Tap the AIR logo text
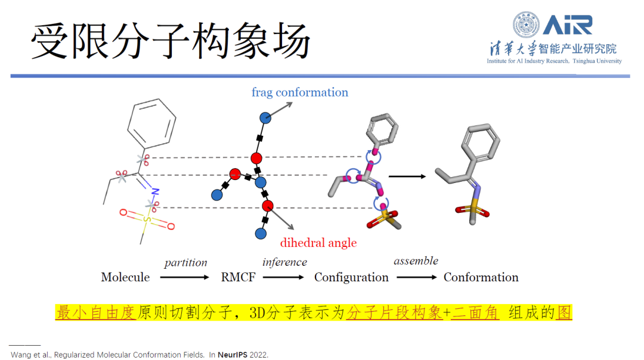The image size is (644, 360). pyautogui.click(x=568, y=24)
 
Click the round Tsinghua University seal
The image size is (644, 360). pyautogui.click(x=526, y=25)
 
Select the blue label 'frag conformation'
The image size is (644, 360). pyautogui.click(x=299, y=92)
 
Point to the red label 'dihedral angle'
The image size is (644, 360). pyautogui.click(x=318, y=243)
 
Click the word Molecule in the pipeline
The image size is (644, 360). pyautogui.click(x=125, y=277)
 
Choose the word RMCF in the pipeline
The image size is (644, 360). pyautogui.click(x=238, y=277)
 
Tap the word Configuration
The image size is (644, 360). pyautogui.click(x=351, y=277)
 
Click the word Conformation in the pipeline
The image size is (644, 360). pyautogui.click(x=481, y=277)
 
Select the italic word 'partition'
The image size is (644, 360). pyautogui.click(x=185, y=263)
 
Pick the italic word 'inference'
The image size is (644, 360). pyautogui.click(x=284, y=262)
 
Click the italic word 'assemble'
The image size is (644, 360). pyautogui.click(x=416, y=261)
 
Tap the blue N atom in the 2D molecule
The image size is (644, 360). pyautogui.click(x=154, y=192)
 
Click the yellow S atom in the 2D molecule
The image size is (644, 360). pyautogui.click(x=145, y=219)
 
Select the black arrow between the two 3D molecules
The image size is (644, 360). pyautogui.click(x=407, y=176)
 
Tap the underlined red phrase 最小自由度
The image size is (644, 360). pyautogui.click(x=96, y=313)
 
